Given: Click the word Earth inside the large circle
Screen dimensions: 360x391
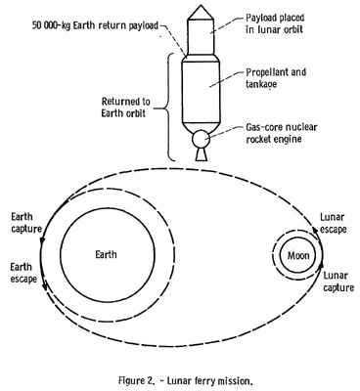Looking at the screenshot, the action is (x=106, y=254).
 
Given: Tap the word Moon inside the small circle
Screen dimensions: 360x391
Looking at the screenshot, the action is (x=298, y=255).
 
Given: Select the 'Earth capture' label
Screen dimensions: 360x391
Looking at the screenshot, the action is (x=26, y=223).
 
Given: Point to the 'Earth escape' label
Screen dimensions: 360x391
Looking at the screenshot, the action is (x=23, y=273).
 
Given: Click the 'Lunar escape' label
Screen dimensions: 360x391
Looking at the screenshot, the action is (x=333, y=223).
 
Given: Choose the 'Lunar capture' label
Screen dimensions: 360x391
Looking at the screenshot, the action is (x=338, y=282).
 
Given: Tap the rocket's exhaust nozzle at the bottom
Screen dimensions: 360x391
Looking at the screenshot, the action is (x=201, y=154).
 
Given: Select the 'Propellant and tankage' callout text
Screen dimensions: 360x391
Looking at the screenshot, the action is (x=276, y=78).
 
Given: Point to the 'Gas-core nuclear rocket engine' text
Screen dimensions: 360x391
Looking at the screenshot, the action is (x=282, y=133).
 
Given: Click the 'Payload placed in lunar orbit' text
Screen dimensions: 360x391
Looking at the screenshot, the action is (x=275, y=23).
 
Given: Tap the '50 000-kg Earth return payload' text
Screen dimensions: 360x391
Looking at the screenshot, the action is (x=95, y=25).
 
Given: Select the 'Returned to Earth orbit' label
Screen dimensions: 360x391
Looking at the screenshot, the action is (x=125, y=107).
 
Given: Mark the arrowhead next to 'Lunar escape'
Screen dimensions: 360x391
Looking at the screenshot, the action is (x=315, y=230).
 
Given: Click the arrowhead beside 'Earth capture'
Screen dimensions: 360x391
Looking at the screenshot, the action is (x=42, y=239).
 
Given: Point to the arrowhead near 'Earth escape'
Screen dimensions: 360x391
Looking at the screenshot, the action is (x=46, y=287).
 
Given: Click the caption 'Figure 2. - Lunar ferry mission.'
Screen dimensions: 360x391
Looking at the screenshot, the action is (x=186, y=380).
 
